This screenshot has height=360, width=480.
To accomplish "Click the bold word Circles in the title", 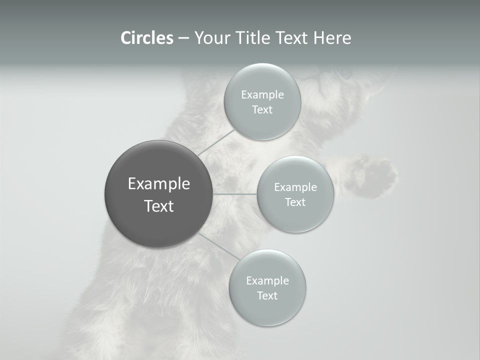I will [x=146, y=38].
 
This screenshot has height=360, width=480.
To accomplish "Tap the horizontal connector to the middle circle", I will [x=235, y=194].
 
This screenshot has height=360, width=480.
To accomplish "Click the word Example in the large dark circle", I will [x=158, y=184].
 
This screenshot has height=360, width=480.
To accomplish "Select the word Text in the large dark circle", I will [x=158, y=206].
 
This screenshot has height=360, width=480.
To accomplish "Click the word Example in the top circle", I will [x=262, y=94].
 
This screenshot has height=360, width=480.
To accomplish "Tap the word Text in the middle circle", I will [x=295, y=202].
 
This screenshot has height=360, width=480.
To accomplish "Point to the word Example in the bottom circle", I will [x=267, y=280].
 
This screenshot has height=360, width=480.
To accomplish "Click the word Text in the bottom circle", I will [x=267, y=295].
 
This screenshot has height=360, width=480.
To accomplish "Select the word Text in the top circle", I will [x=262, y=109].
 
